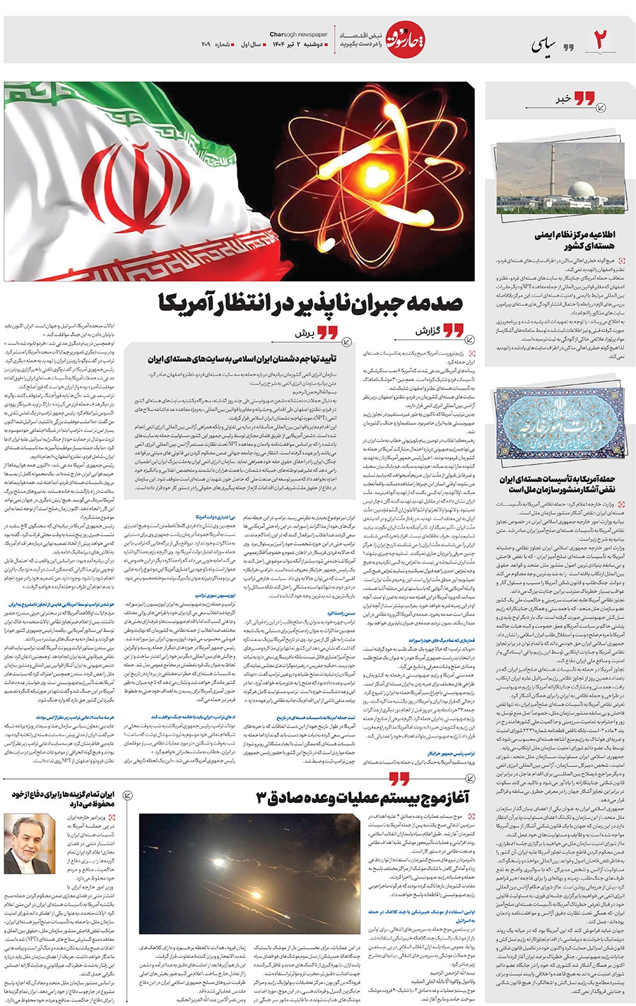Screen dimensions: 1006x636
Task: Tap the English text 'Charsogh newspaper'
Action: pyautogui.click(x=298, y=34)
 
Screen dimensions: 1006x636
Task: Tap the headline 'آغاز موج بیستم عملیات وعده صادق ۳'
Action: pyautogui.click(x=363, y=798)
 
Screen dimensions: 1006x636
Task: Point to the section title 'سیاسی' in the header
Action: pyautogui.click(x=543, y=45)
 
